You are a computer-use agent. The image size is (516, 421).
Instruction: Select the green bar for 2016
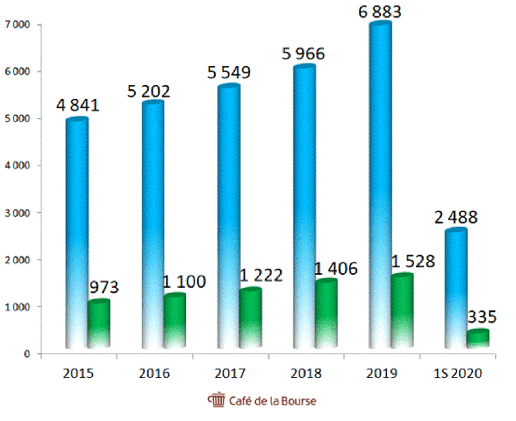tap(174, 323)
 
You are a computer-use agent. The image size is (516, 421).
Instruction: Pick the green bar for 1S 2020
tap(477, 340)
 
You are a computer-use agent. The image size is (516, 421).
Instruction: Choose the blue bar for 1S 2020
tap(456, 289)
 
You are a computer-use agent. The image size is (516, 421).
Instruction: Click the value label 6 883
tap(380, 12)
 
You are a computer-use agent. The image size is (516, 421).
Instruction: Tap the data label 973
tap(104, 287)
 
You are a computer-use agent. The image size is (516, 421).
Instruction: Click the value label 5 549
tap(227, 72)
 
